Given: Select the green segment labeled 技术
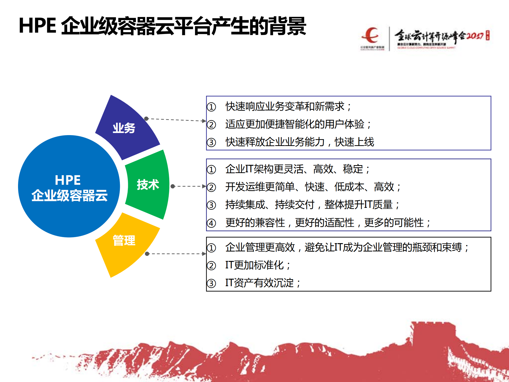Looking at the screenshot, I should pos(147,184).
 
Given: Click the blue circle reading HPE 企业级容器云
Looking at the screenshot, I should pos(69,187).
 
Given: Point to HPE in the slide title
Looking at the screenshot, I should pos(37,26).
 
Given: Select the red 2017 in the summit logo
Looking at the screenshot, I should pos(475,36).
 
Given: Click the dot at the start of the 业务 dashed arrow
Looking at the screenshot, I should pos(146,118).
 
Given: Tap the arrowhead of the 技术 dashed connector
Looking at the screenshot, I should pos(204,186).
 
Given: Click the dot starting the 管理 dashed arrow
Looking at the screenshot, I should pos(147,254).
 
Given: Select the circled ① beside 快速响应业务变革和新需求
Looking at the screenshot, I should pos(211,107).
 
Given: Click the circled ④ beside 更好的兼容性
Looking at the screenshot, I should pos(211,223).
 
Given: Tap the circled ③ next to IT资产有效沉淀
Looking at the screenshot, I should pos(211,283).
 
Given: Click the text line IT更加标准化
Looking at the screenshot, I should pos(257,265).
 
